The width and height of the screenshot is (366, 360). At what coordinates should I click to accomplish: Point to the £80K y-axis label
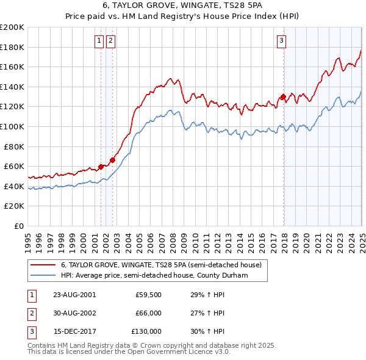[x=14, y=146]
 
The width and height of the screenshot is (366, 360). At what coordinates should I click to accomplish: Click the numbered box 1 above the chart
[x=99, y=41]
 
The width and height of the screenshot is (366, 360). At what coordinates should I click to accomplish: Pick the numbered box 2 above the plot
[x=110, y=41]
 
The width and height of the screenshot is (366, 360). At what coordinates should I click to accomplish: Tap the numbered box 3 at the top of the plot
[x=281, y=41]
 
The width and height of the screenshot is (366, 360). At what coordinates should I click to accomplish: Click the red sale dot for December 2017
[x=284, y=96]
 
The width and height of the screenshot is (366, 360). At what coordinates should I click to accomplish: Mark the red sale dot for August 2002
[x=112, y=160]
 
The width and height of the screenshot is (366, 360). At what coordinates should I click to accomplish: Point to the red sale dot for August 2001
[x=101, y=167]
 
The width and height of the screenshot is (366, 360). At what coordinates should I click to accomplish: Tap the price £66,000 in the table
[x=148, y=313]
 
